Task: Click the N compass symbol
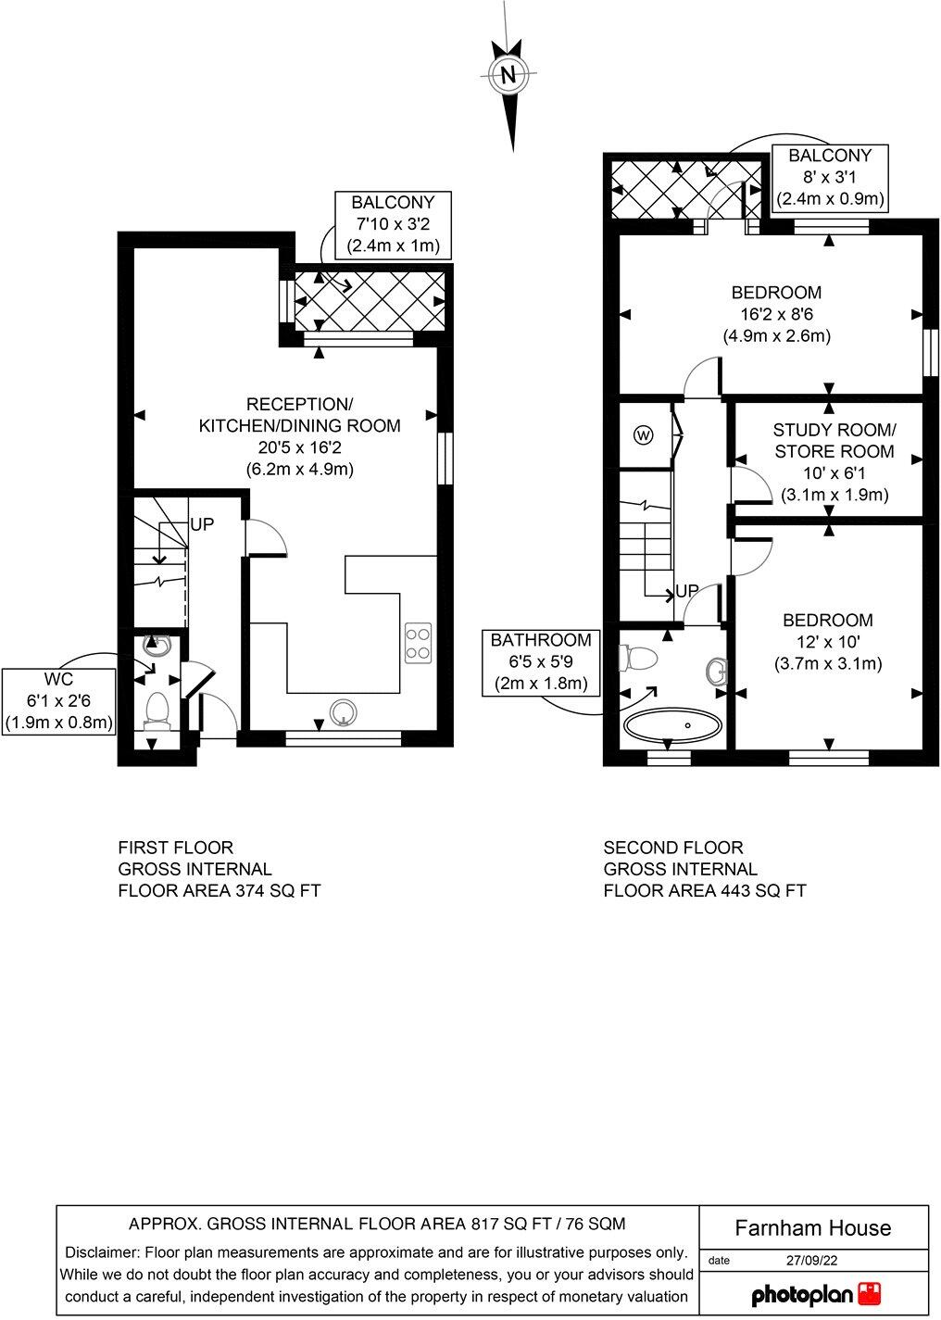pos(508,76)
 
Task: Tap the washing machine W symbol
pos(643,434)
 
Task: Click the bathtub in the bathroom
pos(672,723)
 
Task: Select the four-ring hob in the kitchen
pos(418,642)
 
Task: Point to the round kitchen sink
pos(344,711)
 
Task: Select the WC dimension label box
pos(59,701)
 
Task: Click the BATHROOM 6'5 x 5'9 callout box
pos(540,662)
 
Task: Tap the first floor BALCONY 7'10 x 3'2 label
pos(393,225)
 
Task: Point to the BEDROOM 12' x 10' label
pos(827,642)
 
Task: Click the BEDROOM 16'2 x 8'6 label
pos(776,314)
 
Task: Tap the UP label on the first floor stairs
pos(202,524)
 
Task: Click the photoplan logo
pos(814,1293)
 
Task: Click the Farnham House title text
pos(812,1228)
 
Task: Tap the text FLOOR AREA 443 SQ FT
pos(704,891)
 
